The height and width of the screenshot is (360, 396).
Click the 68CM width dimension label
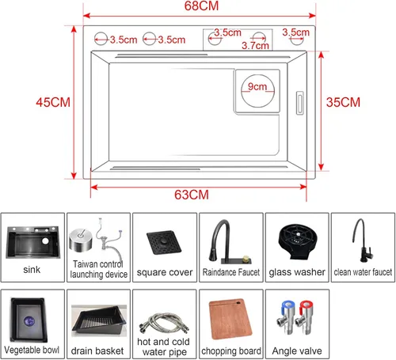pos(201,6)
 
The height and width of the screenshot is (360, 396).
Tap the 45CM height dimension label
pos(53,102)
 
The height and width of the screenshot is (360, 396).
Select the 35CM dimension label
pos(343,102)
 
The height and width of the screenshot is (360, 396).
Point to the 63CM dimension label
pos(192,195)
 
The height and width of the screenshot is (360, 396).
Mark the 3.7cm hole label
pos(255,46)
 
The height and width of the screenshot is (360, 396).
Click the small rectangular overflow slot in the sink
pos(300,103)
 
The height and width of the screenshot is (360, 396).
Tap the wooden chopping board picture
pos(230,319)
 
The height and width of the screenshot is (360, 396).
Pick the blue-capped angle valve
pos(286,317)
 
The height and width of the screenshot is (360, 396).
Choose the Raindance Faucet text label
pos(231,272)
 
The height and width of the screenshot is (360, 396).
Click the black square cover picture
pos(164,242)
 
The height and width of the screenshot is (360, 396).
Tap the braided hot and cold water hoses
pos(164,324)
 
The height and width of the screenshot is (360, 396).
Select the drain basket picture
pos(99,320)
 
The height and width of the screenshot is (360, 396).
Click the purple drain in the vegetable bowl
pos(29,321)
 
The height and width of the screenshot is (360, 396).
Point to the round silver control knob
pos(81,239)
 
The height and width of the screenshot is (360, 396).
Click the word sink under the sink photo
pos(32,270)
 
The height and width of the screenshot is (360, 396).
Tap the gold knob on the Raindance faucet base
pos(246,259)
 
